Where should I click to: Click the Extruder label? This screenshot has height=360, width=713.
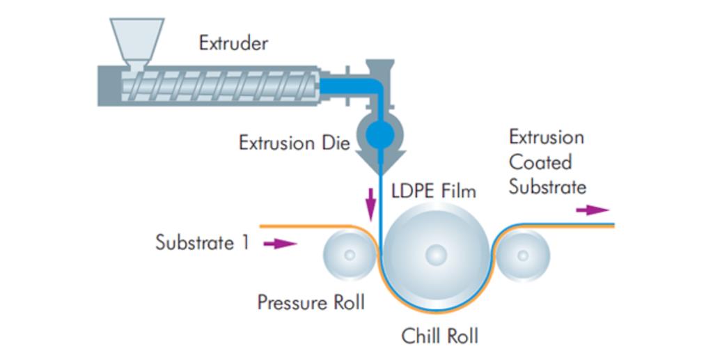point(233,43)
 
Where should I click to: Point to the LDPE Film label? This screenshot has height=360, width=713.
point(434,189)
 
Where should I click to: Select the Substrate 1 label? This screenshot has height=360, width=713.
point(202,243)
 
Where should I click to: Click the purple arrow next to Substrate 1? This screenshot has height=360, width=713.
point(281,244)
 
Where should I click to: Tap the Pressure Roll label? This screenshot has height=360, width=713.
point(311,302)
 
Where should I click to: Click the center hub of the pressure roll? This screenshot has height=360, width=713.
point(350,255)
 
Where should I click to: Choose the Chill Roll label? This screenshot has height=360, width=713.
point(439,336)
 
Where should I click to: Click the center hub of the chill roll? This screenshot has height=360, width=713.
point(437,255)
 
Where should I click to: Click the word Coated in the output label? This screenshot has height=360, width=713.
point(540,162)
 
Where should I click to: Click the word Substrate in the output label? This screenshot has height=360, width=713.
point(547,187)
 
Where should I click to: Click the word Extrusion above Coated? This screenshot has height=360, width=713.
point(546,136)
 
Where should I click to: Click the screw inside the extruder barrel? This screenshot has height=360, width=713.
point(223,85)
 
